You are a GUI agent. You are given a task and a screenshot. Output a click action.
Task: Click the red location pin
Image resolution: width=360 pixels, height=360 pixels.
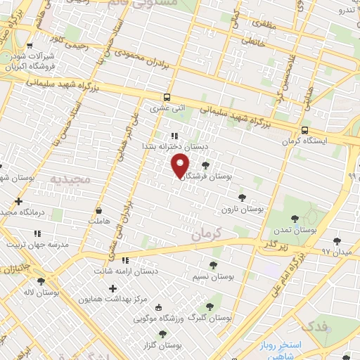[x=181, y=165]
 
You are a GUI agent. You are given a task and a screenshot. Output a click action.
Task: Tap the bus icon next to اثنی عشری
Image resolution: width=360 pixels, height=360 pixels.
[x=167, y=98]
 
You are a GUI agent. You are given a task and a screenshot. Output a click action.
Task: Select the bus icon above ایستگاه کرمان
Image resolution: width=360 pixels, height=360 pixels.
[x=304, y=130]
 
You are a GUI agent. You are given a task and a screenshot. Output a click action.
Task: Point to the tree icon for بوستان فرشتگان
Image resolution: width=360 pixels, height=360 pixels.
[x=205, y=166]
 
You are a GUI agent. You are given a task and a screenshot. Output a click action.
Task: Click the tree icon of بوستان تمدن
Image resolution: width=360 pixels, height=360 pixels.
[x=294, y=219]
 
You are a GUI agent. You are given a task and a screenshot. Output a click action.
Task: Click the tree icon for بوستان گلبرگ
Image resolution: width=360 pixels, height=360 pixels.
[x=210, y=306]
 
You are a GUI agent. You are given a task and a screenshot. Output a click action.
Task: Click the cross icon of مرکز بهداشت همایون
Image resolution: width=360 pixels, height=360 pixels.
[x=112, y=288]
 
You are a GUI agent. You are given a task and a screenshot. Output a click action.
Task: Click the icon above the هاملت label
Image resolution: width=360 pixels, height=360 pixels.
[x=98, y=210]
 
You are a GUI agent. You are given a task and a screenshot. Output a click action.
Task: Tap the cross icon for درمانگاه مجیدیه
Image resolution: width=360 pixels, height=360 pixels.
[x=18, y=201]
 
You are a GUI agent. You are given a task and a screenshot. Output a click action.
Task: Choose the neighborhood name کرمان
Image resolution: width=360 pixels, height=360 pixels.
[x=206, y=232]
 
